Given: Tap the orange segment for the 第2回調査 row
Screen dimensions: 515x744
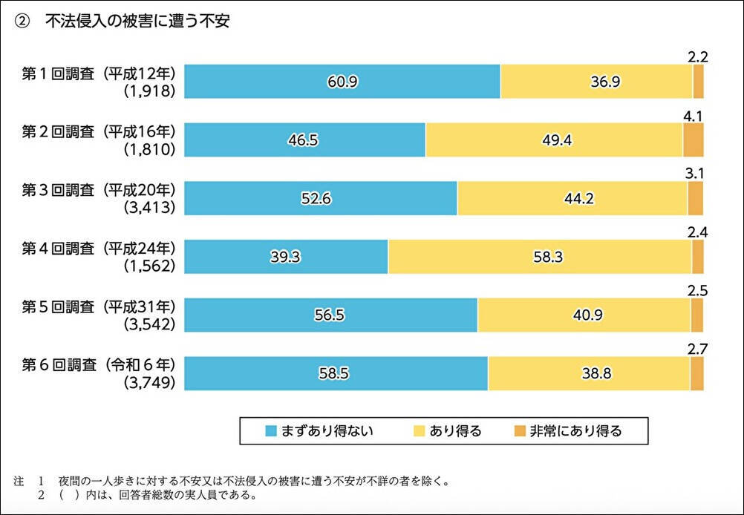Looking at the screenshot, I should [693, 140].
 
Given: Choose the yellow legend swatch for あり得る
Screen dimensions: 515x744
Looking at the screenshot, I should [420, 430].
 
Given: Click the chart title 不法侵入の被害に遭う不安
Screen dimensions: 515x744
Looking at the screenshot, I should [137, 22].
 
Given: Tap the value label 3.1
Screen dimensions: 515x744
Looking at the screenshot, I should [695, 174].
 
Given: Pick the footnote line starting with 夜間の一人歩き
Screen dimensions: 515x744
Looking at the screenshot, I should [252, 481].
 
